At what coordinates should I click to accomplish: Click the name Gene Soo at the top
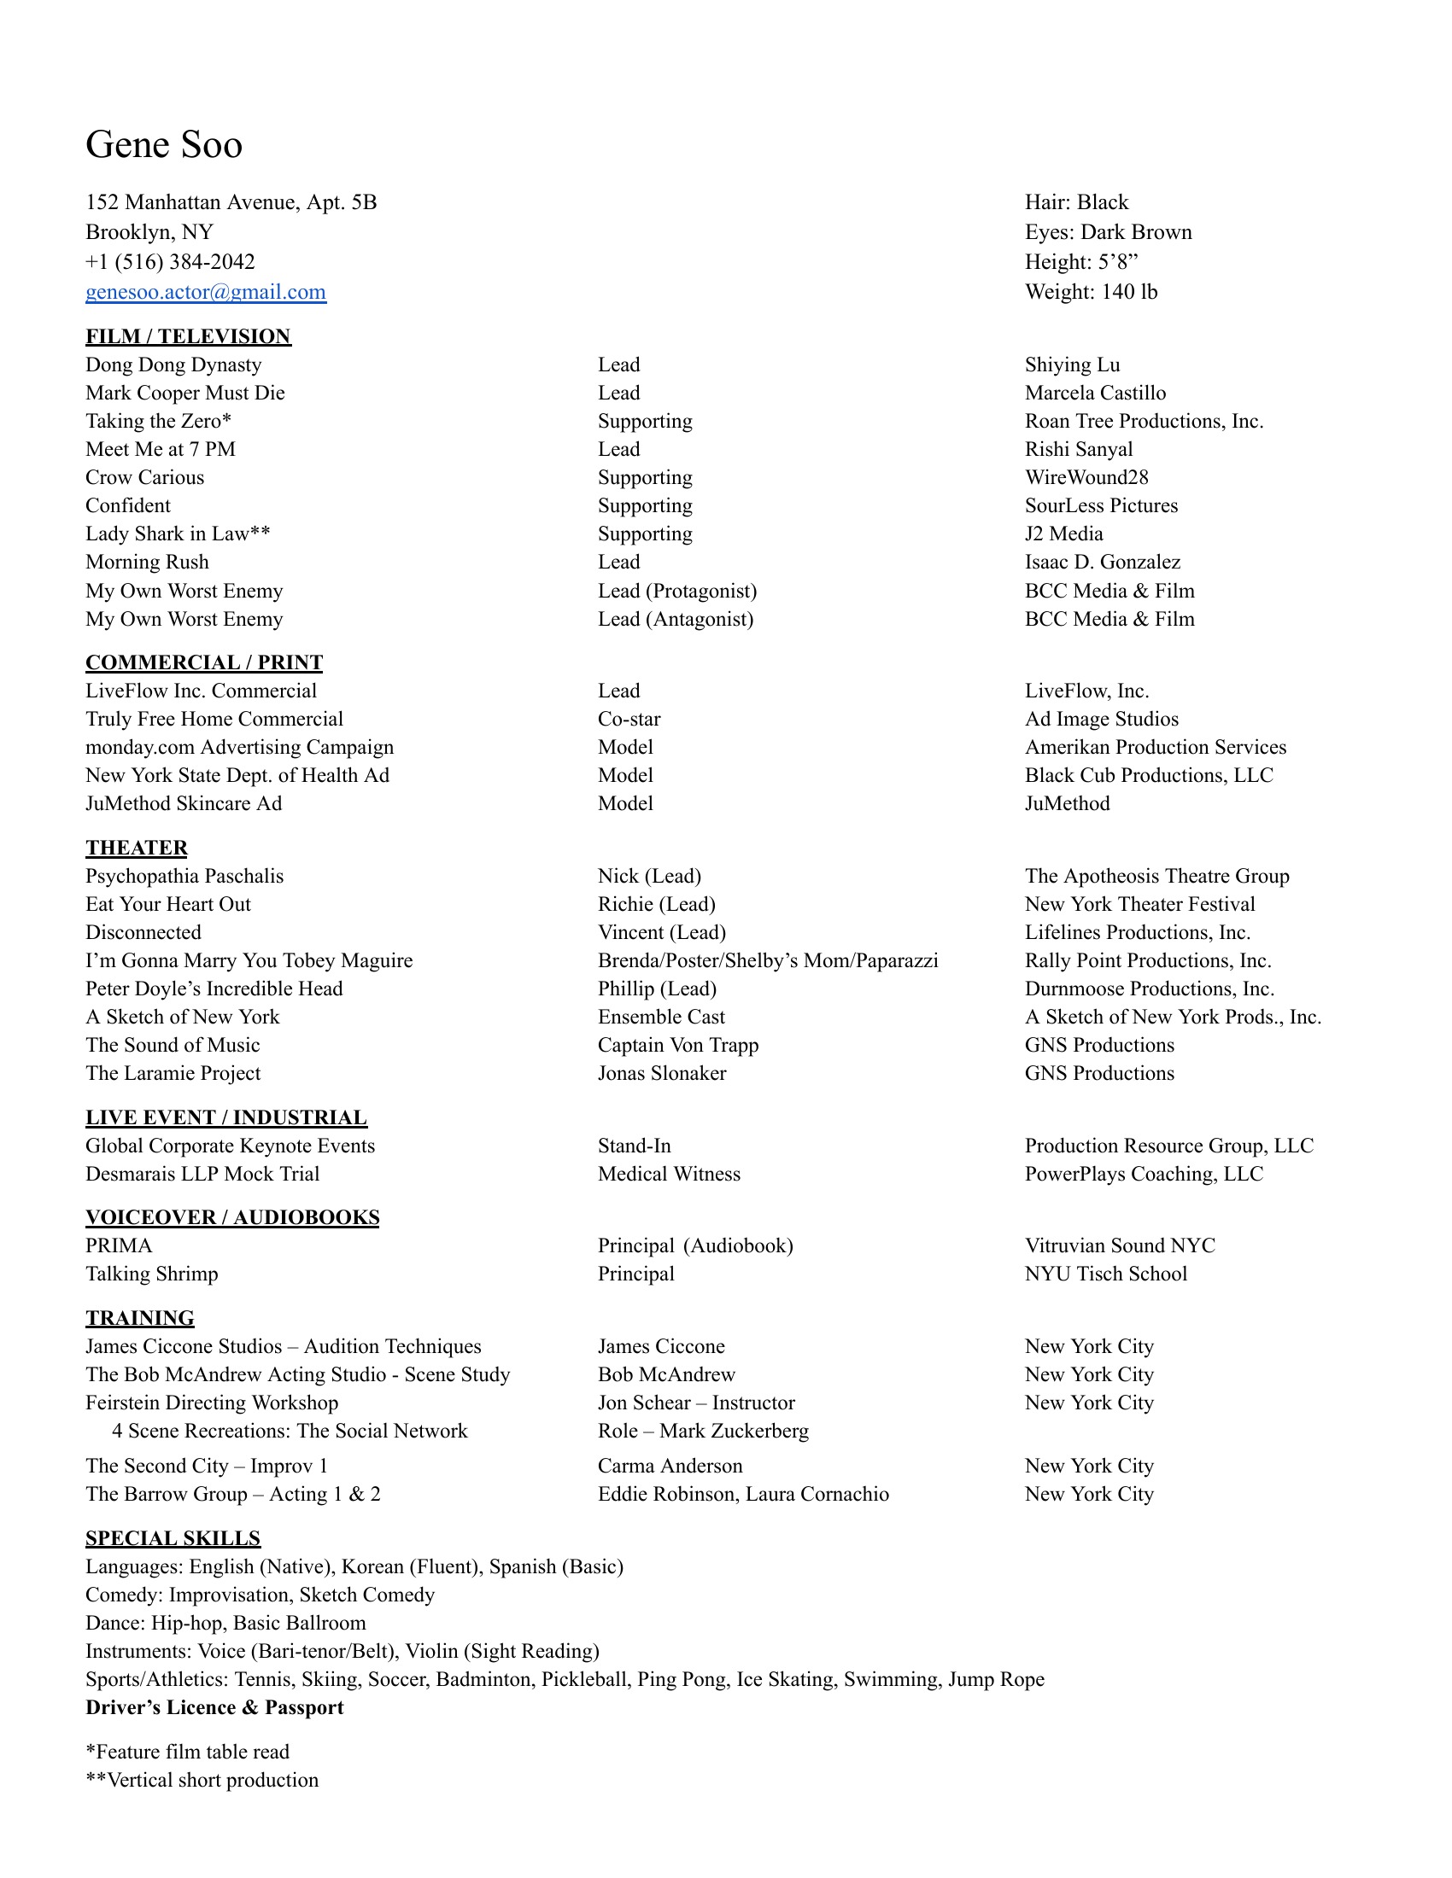point(163,144)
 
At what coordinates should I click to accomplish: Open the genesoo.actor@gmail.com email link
point(206,292)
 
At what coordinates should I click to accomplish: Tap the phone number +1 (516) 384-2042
point(170,262)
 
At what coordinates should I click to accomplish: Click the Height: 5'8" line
point(1081,262)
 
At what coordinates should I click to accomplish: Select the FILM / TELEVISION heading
point(189,336)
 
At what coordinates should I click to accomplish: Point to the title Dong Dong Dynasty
point(173,365)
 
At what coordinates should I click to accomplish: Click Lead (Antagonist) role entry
point(676,619)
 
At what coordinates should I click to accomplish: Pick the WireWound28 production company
point(1086,477)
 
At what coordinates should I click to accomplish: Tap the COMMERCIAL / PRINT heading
point(204,662)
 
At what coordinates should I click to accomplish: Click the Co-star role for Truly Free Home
point(629,719)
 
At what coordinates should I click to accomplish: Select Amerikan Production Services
point(1156,747)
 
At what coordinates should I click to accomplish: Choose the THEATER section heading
point(136,848)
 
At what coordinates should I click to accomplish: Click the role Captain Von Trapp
point(678,1045)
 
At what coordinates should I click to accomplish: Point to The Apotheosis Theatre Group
point(1157,876)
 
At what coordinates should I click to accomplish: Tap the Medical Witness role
point(669,1174)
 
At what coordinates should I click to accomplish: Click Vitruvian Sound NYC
point(1120,1246)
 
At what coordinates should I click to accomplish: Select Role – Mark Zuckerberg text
point(703,1431)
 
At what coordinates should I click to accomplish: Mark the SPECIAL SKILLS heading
point(173,1538)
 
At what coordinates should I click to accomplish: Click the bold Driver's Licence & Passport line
point(214,1708)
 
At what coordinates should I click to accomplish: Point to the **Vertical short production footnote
point(202,1780)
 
